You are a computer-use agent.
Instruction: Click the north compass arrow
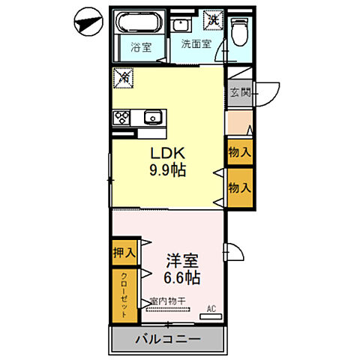[86, 22]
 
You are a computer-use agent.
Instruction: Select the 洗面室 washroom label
[196, 43]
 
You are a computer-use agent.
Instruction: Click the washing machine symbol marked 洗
[214, 20]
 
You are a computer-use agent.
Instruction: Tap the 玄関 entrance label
[240, 94]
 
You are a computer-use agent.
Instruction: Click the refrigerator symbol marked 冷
[122, 76]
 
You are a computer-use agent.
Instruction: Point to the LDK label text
[166, 153]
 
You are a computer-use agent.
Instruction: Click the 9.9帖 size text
[166, 169]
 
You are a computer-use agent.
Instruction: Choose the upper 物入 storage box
[239, 152]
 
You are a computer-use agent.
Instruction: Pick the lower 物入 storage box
[239, 187]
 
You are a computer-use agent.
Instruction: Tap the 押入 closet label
[124, 253]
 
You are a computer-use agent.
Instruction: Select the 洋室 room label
[182, 261]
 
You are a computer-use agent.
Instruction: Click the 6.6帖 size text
[182, 278]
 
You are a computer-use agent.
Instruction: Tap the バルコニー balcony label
[167, 340]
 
